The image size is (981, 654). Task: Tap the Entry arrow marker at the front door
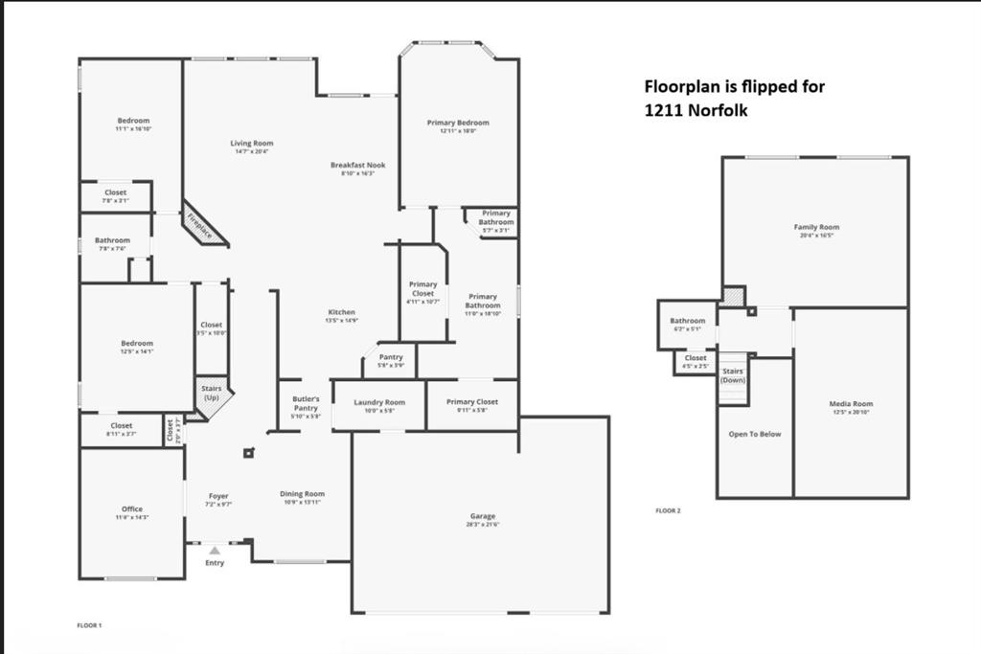click(215, 551)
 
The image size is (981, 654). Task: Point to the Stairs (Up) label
click(212, 392)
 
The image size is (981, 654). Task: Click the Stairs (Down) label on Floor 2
click(733, 374)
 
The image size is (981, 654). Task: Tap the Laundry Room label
click(379, 402)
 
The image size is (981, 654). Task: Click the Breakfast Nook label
click(358, 165)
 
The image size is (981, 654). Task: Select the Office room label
click(132, 509)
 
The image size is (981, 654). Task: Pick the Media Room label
click(851, 404)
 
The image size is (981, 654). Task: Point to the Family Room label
click(815, 227)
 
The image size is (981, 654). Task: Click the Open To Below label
click(754, 434)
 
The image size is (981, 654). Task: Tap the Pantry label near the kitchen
click(391, 357)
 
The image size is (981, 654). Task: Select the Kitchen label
click(342, 312)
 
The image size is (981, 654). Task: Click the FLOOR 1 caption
click(89, 625)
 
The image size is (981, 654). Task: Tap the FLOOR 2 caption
click(668, 510)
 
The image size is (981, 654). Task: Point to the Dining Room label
click(302, 494)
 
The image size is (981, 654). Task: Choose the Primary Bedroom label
click(458, 123)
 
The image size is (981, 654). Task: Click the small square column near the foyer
click(249, 453)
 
